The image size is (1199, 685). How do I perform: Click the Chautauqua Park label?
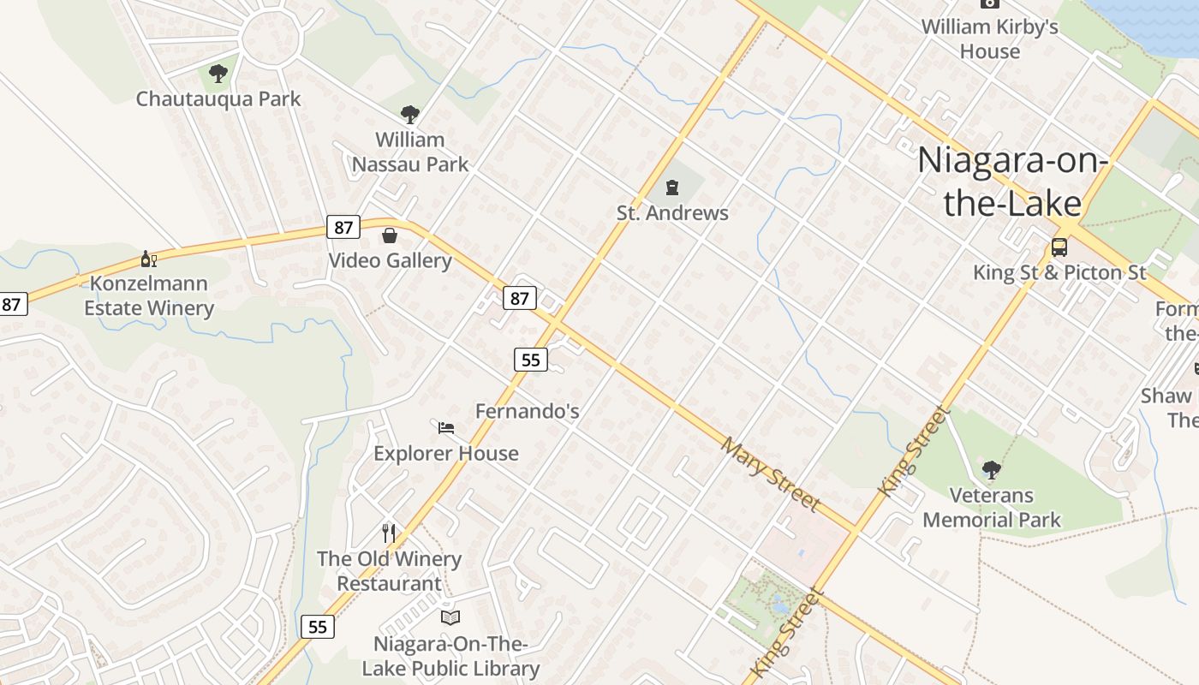pos(218,99)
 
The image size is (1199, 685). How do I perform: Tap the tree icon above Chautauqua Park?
pos(218,74)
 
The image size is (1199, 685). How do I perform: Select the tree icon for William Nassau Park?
pos(410,115)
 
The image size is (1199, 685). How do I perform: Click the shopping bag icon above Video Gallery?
pos(390,235)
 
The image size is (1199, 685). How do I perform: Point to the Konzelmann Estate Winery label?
pos(149,295)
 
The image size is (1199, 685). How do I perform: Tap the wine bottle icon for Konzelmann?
pos(149,259)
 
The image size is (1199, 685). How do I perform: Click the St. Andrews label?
pos(672,213)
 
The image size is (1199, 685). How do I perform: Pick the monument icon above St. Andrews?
pos(672,188)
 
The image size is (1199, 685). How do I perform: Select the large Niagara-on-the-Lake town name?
pos(1012,182)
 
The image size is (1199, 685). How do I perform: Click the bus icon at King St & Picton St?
pos(1059,247)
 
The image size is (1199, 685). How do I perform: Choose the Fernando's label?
pos(528,411)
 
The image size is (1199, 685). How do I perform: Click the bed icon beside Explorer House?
pos(445,427)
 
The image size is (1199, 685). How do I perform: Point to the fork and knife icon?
pos(389,533)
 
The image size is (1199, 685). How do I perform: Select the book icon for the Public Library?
pos(450,617)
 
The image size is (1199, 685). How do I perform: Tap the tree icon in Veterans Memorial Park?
pos(992,469)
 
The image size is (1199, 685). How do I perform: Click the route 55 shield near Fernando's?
pos(531,360)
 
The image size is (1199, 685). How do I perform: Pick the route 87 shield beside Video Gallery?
pos(343,228)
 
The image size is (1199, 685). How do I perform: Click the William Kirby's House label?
pos(990,39)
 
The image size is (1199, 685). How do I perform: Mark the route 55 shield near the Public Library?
pos(317,627)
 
